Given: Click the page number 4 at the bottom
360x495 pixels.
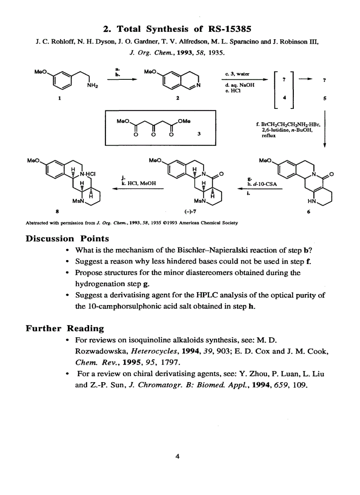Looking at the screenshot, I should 177,457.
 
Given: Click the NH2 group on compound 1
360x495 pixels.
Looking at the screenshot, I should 93,86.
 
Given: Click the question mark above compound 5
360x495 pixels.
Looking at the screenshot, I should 324,80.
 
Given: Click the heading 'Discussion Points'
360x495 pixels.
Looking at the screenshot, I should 67,238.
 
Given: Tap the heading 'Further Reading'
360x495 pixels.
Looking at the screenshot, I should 65,328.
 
